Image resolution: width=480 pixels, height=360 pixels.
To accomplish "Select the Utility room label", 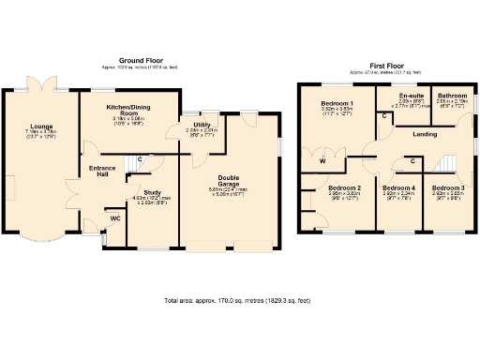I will [202, 125].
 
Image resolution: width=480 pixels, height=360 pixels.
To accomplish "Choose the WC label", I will [115, 218].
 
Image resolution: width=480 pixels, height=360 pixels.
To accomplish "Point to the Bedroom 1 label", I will [337, 102].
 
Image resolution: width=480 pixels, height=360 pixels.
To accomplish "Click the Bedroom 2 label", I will [345, 187].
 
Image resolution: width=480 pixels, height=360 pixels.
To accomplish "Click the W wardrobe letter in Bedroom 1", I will [322, 161].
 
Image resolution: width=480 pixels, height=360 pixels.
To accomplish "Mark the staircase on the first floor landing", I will [448, 163].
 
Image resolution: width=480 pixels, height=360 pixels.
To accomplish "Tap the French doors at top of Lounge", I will [41, 87].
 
